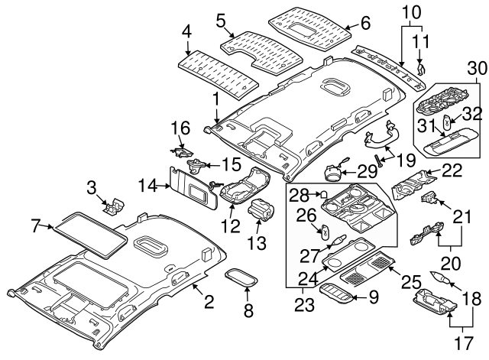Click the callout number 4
[x=186, y=31]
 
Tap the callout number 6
[x=364, y=24]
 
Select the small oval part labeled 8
[x=241, y=278]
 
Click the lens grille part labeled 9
[x=340, y=294]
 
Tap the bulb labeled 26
[x=325, y=231]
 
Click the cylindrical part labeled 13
[x=263, y=208]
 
